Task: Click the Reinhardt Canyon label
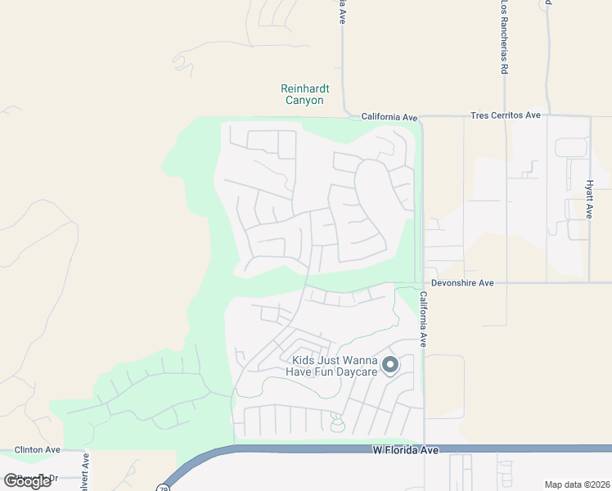pyautogui.click(x=303, y=94)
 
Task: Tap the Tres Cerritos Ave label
pyautogui.click(x=506, y=115)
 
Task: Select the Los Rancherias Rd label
pyautogui.click(x=505, y=38)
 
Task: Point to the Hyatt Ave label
pyautogui.click(x=589, y=199)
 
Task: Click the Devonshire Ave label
pyautogui.click(x=464, y=282)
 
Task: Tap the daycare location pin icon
pyautogui.click(x=391, y=365)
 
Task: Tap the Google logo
pyautogui.click(x=26, y=480)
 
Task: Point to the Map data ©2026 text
pyautogui.click(x=577, y=484)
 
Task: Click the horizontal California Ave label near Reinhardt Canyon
pyautogui.click(x=390, y=117)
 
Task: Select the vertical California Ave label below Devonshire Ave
pyautogui.click(x=424, y=319)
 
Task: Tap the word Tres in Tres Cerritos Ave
pyautogui.click(x=480, y=115)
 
